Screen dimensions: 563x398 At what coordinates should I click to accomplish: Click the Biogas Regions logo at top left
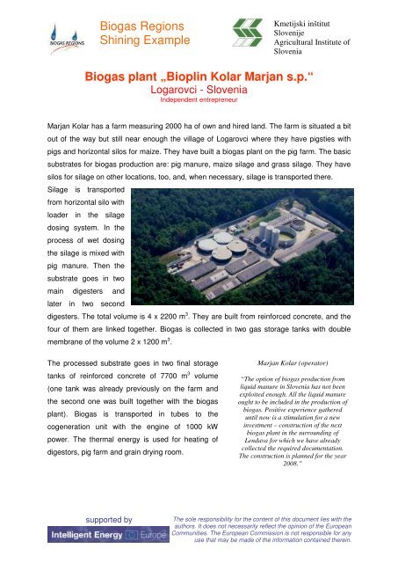[x=37, y=31]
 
